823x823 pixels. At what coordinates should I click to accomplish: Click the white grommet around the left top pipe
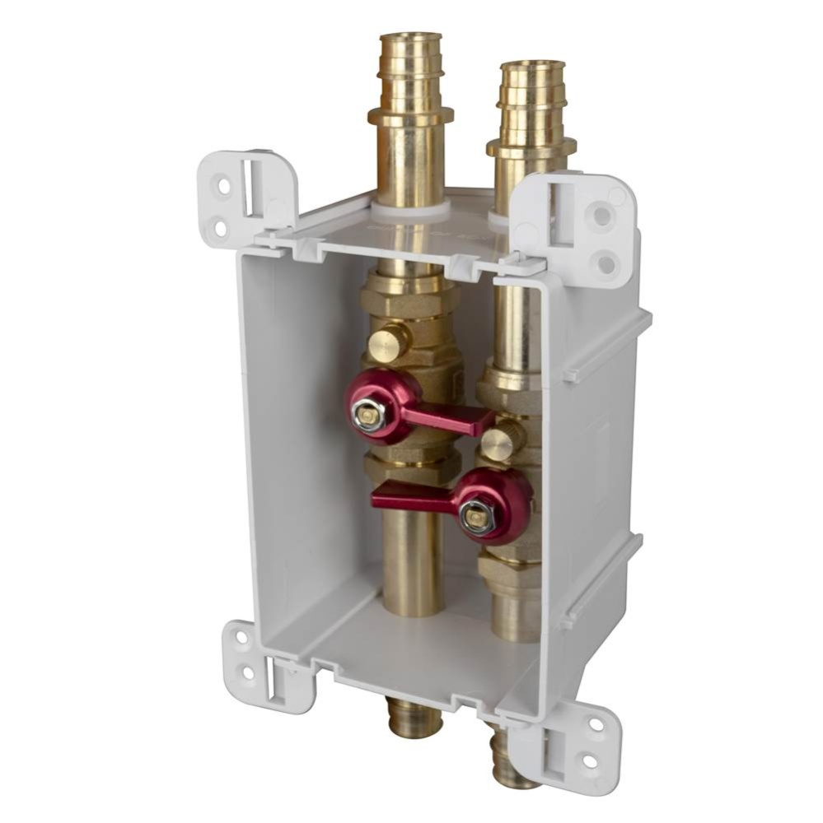tap(412, 211)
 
